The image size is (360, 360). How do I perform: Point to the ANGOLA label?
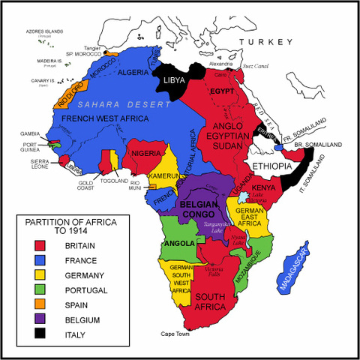coord(180,244)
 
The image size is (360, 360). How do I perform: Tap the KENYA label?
coord(262,187)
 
